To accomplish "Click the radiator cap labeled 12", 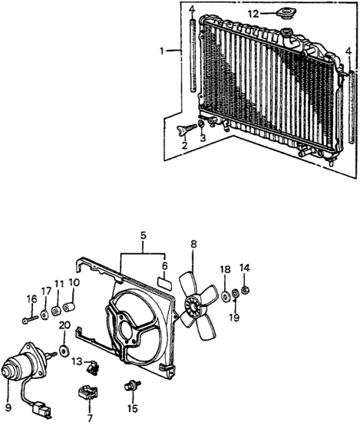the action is click(285, 14).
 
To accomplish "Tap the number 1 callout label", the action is click(162, 51).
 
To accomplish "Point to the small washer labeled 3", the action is click(201, 124).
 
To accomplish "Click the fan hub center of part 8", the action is click(193, 306).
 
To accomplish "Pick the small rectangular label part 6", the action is click(164, 281).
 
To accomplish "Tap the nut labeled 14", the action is click(245, 291).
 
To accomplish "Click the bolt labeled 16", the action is click(30, 320).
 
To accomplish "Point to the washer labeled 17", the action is click(45, 315).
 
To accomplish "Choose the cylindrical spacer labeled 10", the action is click(69, 307).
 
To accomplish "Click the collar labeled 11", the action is click(57, 311).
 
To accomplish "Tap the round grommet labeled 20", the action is click(64, 351).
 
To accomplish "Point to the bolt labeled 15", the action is click(132, 386).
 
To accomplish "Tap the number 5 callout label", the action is click(144, 236).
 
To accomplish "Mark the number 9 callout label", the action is click(8, 407).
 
